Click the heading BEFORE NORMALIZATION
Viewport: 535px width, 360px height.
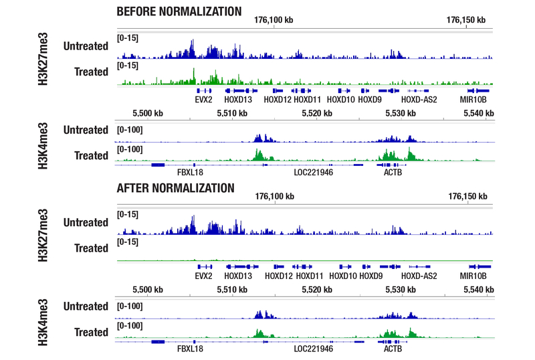tap(179, 11)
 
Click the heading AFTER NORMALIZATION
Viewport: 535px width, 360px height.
tap(175, 188)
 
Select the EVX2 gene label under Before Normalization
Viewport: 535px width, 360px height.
tap(203, 100)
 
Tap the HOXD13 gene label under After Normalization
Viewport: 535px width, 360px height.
tap(238, 276)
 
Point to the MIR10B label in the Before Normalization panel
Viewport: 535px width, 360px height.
tap(478, 100)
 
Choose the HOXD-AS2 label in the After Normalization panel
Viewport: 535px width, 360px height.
tap(419, 276)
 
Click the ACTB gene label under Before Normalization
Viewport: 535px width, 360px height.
tap(393, 171)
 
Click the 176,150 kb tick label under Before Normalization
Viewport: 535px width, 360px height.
tap(466, 21)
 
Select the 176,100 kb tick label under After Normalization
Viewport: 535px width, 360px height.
tap(274, 197)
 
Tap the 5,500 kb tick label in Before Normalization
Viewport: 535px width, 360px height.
tap(148, 114)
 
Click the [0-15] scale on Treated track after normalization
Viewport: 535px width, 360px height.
tap(127, 242)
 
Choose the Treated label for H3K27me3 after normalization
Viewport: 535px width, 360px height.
tap(91, 248)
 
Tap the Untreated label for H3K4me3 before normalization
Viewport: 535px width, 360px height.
tap(86, 130)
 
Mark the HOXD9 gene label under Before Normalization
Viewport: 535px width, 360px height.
tap(369, 100)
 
